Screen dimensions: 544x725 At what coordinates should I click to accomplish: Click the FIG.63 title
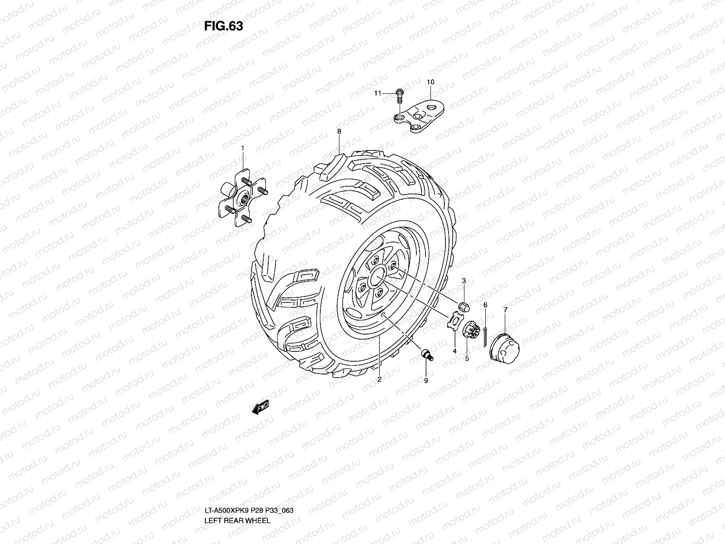223,26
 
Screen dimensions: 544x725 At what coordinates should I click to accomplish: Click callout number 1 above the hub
242,148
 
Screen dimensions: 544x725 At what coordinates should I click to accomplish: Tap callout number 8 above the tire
339,131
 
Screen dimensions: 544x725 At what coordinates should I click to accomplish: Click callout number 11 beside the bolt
377,93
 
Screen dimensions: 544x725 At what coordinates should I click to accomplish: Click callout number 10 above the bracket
430,82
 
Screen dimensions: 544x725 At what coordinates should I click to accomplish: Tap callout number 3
464,282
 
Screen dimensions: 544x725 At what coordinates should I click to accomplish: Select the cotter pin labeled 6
485,336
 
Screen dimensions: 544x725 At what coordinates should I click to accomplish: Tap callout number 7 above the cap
506,310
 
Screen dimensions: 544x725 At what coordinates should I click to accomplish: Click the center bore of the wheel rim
377,277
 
